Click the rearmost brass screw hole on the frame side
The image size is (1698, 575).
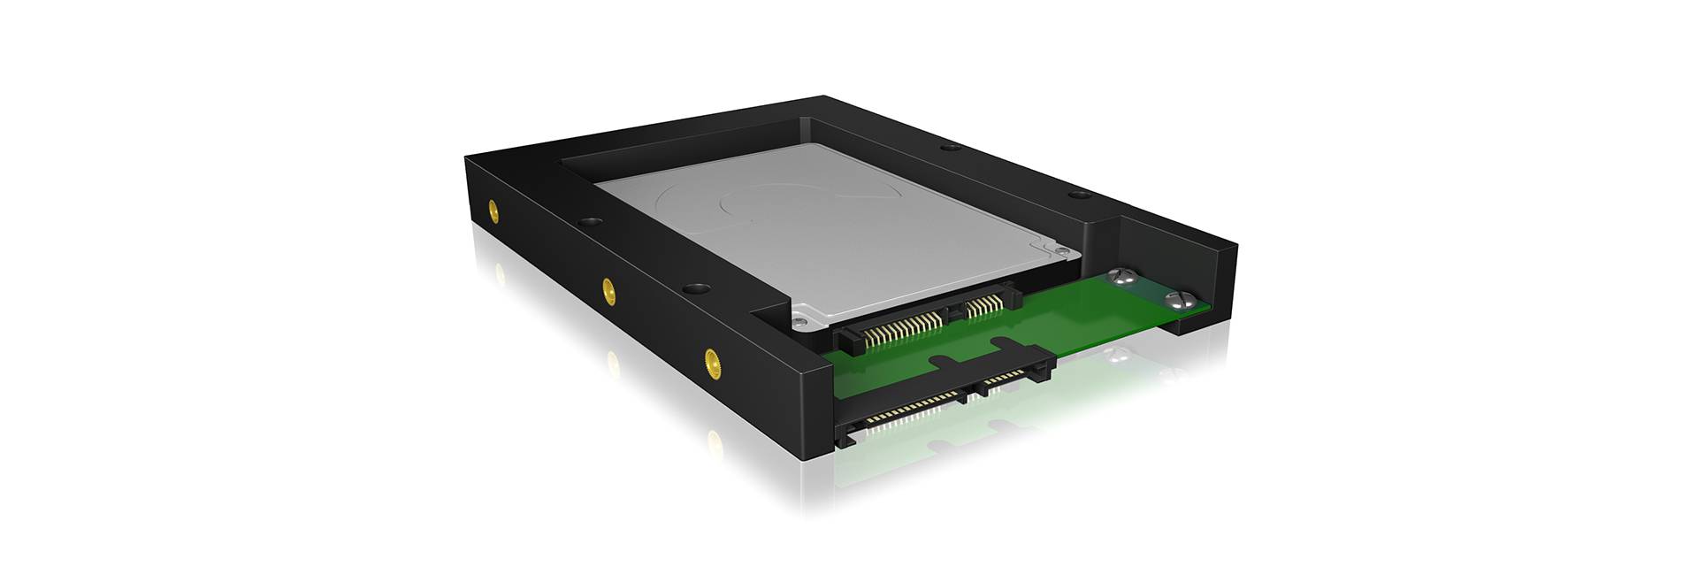pos(493,211)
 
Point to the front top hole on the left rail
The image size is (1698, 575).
pos(696,288)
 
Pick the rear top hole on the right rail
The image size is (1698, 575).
pos(945,149)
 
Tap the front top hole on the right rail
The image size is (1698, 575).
pos(1075,195)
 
